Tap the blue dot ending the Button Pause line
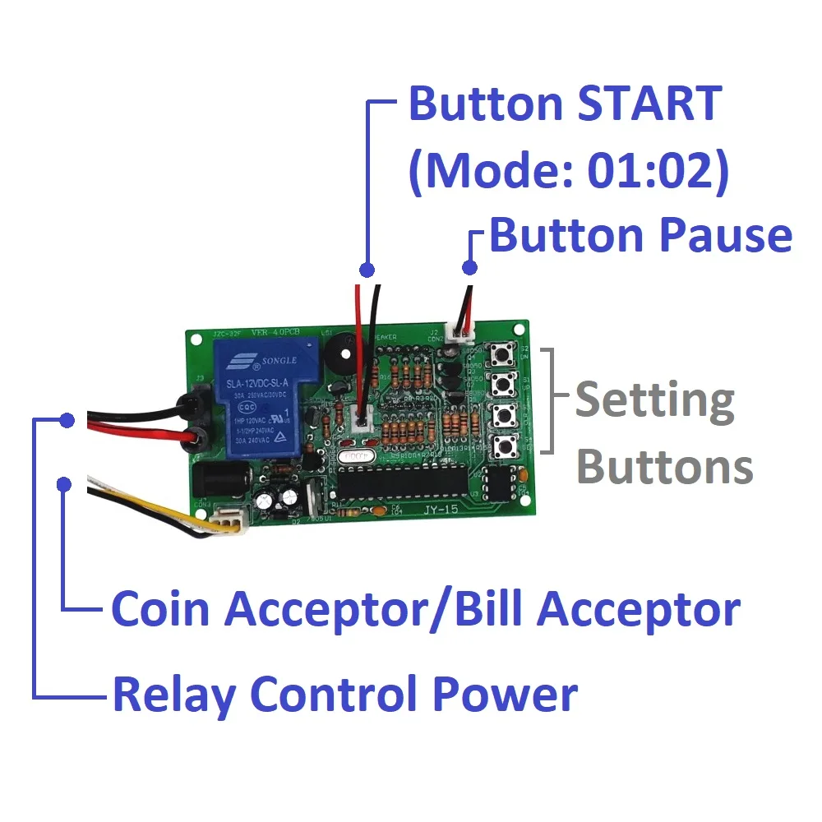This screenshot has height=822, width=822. click(x=469, y=267)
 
